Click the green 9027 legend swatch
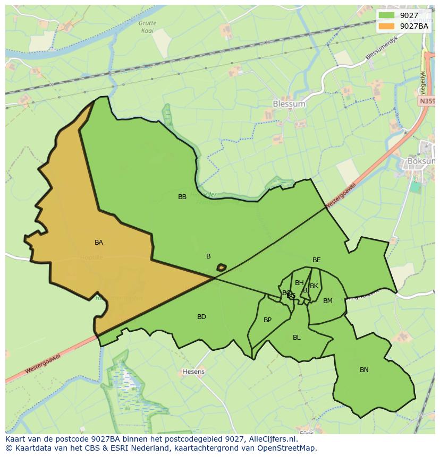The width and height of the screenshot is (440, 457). click(x=387, y=15)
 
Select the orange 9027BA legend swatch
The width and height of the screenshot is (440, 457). click(x=387, y=26)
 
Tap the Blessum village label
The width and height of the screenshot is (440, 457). click(x=289, y=104)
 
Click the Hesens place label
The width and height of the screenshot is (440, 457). click(x=193, y=372)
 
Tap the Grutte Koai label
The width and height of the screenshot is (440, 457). click(x=147, y=27)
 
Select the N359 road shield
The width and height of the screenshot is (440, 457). click(x=427, y=101)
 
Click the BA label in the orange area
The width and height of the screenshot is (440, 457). click(x=99, y=243)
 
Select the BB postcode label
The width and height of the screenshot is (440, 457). click(x=182, y=197)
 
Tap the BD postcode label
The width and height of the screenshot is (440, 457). click(x=201, y=317)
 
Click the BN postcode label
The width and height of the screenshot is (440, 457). click(x=364, y=370)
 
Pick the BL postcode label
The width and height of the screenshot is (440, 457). click(x=297, y=338)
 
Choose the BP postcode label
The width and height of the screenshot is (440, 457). click(x=267, y=320)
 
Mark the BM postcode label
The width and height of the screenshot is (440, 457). click(x=328, y=301)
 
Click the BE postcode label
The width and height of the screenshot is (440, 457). click(x=316, y=260)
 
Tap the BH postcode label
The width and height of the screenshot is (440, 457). click(x=299, y=283)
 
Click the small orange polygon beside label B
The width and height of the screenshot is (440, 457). click(x=222, y=267)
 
